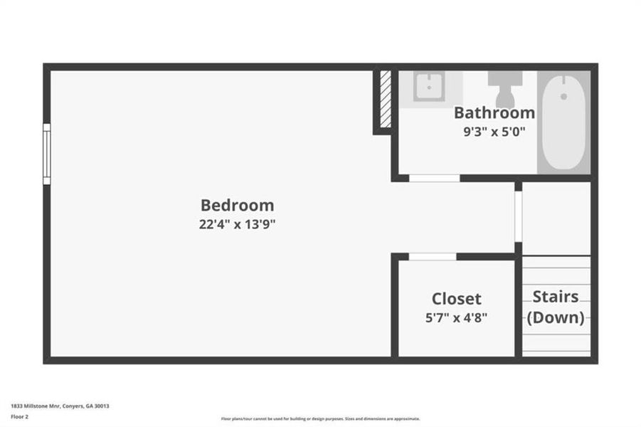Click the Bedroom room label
tap(237, 206)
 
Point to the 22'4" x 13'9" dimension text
tap(237, 225)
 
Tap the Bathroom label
tap(494, 112)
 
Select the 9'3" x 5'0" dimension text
tap(494, 131)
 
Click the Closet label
tap(456, 299)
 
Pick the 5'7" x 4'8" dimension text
tap(456, 318)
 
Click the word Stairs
tap(556, 296)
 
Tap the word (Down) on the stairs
tap(556, 317)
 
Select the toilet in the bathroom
tap(505, 90)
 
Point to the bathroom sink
tap(430, 87)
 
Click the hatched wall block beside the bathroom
tap(385, 100)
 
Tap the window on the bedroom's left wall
tap(47, 154)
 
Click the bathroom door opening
tap(434, 178)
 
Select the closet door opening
tap(432, 257)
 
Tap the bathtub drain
tap(563, 95)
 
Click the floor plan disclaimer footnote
tap(320, 419)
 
